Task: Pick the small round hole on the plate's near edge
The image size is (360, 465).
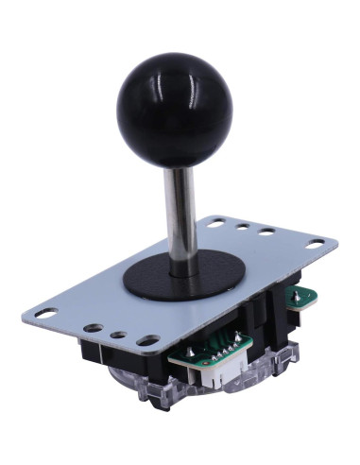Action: coord(117,335)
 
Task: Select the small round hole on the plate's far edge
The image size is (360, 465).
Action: coord(243,227)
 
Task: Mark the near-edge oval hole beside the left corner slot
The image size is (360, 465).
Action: coord(94,329)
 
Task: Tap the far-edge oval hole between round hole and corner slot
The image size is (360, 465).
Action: coord(266,232)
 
